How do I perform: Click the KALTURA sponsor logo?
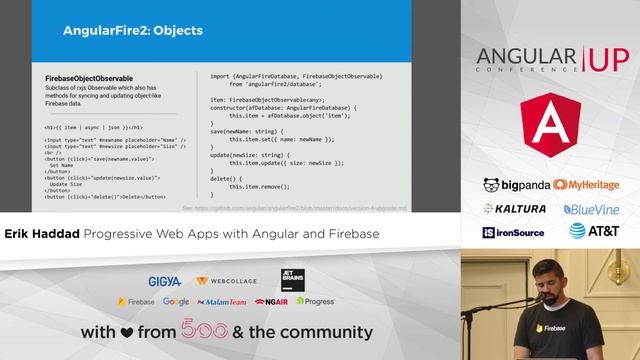tap(515, 209)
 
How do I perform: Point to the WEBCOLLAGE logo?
tap(228, 281)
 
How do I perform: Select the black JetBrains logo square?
tap(293, 280)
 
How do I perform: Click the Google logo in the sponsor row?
tap(176, 301)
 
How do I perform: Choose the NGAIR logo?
tap(272, 301)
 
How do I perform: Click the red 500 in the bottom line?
tap(202, 332)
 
